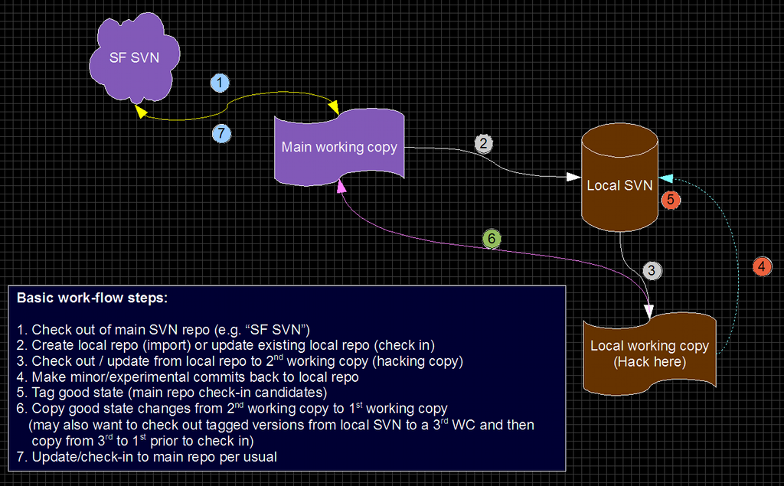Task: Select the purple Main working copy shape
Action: (339, 147)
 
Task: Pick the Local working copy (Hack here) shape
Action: (649, 353)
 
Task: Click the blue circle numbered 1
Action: (220, 83)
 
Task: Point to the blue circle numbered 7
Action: (220, 133)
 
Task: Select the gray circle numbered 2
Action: (482, 143)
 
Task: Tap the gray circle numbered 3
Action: (652, 270)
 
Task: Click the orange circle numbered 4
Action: (762, 267)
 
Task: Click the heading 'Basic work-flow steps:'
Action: (87, 298)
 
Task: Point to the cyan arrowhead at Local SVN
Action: (665, 178)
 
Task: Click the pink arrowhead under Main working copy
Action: (341, 186)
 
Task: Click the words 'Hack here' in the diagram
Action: (649, 361)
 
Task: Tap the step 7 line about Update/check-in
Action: (147, 457)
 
